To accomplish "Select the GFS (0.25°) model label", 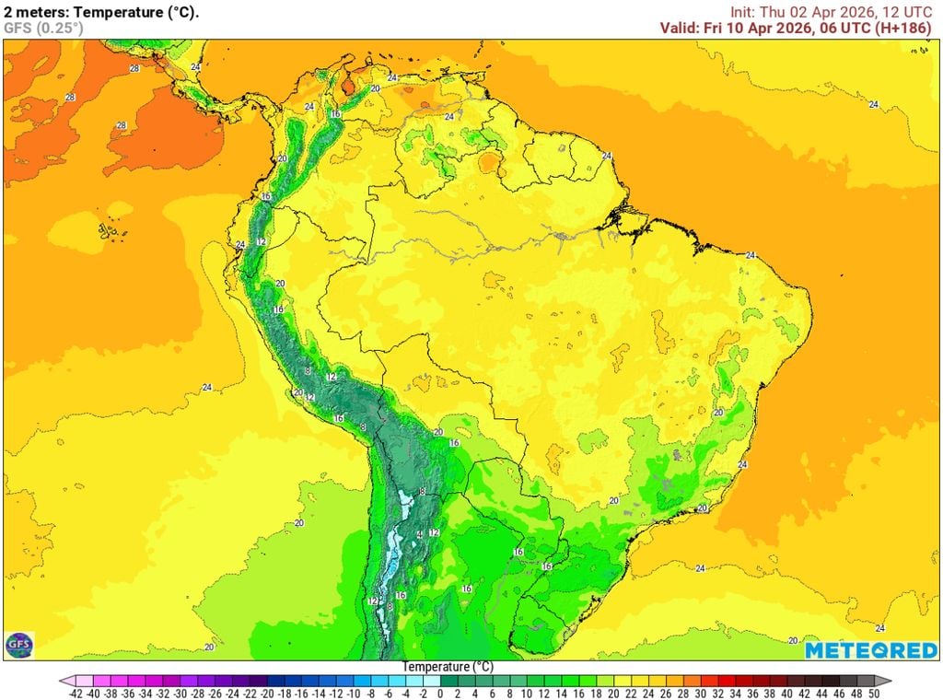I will (42, 28).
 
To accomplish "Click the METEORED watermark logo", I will (870, 650).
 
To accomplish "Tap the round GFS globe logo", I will (18, 645).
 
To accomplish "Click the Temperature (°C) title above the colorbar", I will (448, 666).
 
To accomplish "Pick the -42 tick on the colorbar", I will (76, 693).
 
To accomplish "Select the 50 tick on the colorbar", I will (873, 693).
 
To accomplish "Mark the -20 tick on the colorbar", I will (266, 693).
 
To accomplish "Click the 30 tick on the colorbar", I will (700, 693).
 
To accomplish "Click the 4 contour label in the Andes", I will (420, 534).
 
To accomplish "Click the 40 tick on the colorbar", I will (786, 693).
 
